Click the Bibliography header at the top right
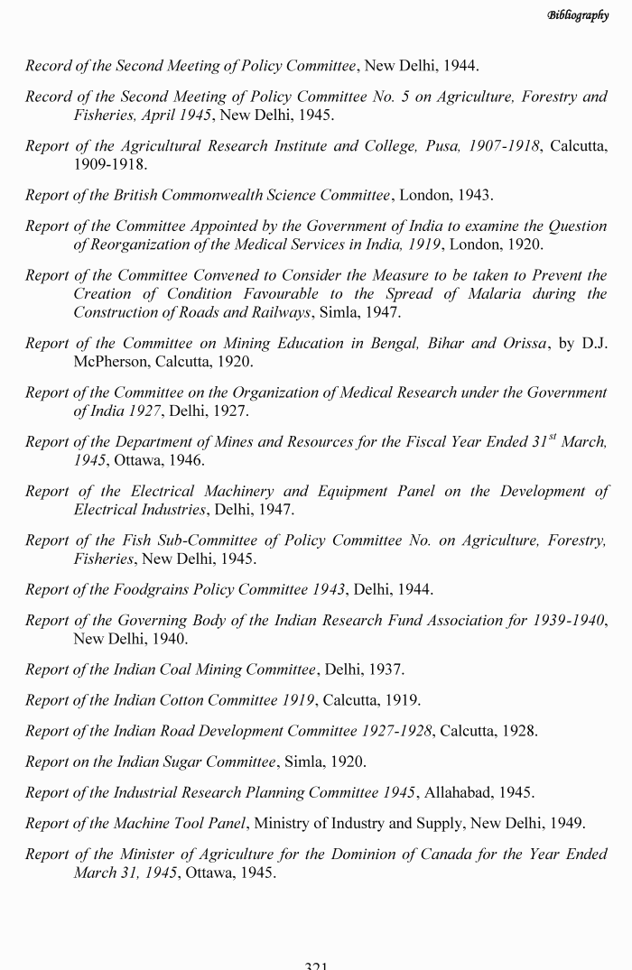click(x=577, y=15)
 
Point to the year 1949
click(x=566, y=823)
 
